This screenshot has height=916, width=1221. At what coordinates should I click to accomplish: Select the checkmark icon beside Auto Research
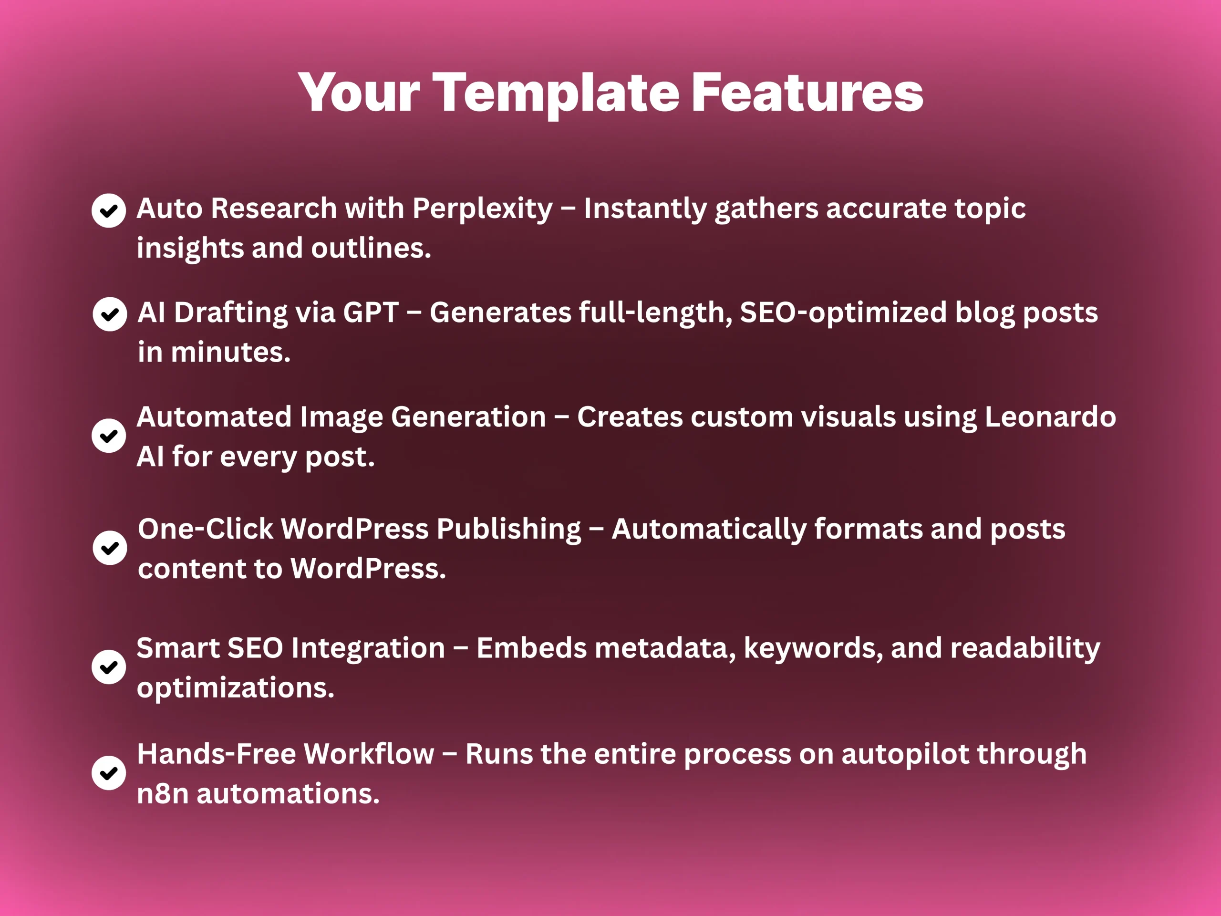coord(109,210)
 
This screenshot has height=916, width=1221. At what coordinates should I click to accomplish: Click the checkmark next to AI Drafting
coord(110,314)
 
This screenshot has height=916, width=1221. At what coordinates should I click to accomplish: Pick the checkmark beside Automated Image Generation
coord(109,436)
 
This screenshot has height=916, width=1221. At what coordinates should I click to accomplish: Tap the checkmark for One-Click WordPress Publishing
coord(110,548)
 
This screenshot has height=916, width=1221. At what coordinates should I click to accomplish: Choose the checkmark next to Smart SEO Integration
coord(109,667)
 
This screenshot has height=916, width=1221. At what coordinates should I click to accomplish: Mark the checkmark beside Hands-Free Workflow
coord(109,772)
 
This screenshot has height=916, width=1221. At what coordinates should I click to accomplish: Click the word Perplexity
coord(483,210)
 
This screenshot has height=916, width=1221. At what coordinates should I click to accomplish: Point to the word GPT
coord(371,312)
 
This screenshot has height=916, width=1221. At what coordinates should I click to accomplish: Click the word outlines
coord(372,248)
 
